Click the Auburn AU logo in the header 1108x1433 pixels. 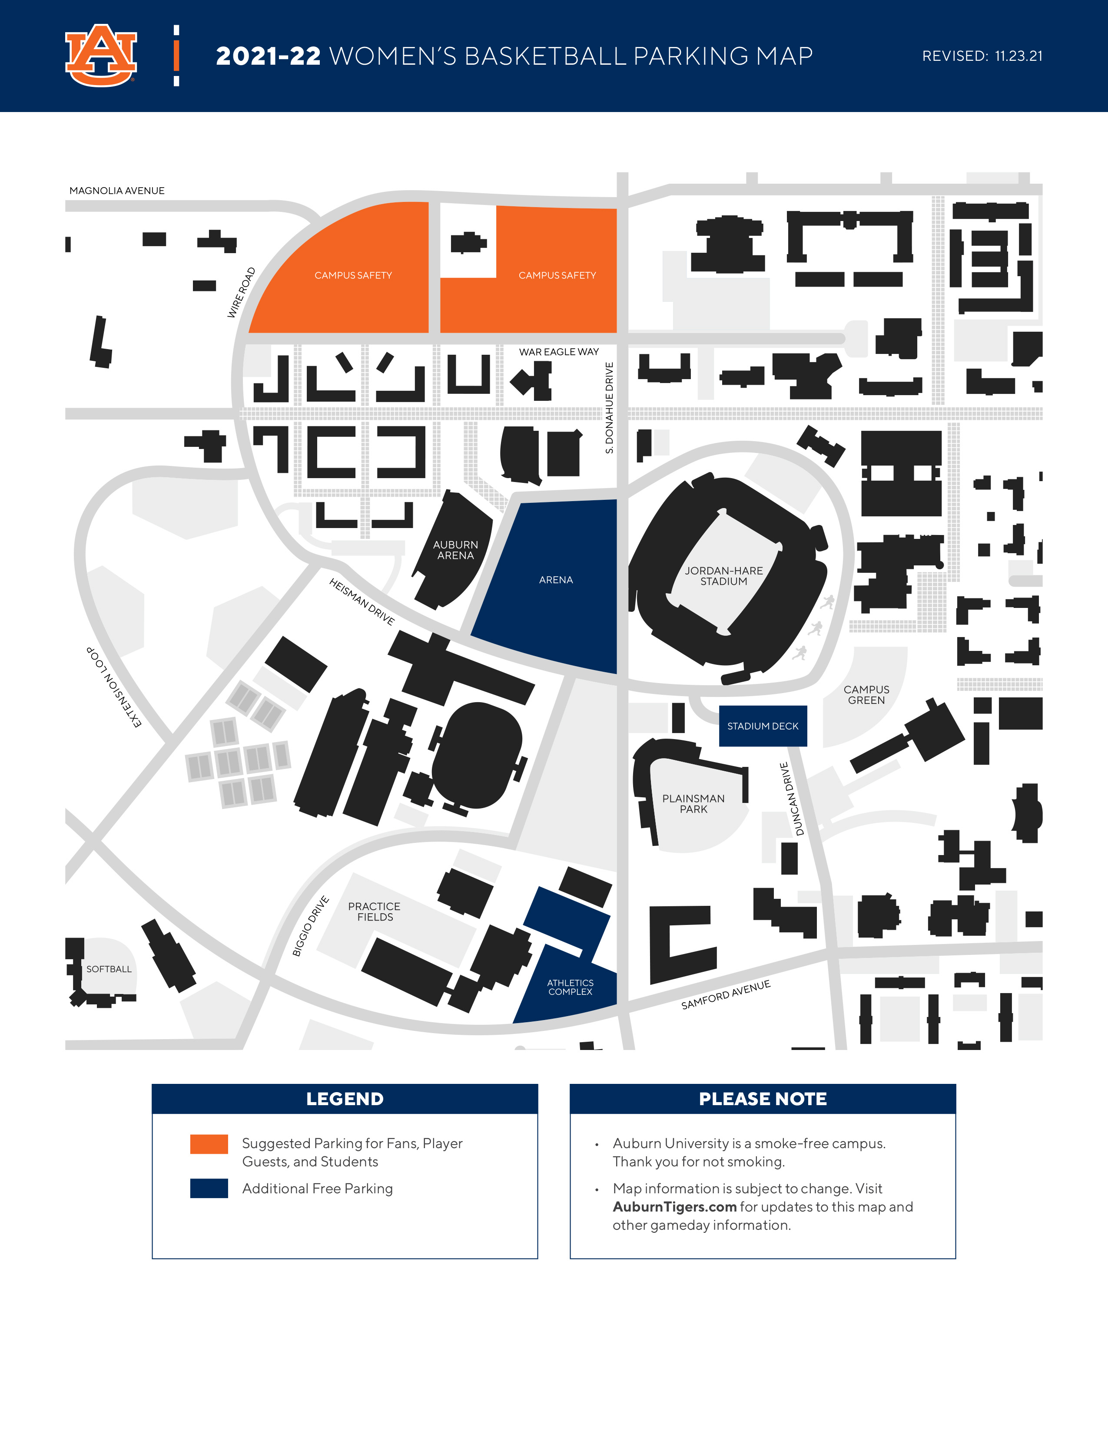click(x=101, y=56)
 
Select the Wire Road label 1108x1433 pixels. click(x=241, y=293)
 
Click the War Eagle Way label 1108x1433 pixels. click(x=559, y=352)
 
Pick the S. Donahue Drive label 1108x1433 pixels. click(x=609, y=407)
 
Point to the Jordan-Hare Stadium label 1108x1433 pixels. click(x=723, y=576)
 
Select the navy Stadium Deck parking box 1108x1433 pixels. click(x=763, y=726)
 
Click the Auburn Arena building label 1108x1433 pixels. click(x=455, y=550)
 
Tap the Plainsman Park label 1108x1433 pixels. click(x=693, y=804)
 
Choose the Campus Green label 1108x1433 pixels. click(x=866, y=695)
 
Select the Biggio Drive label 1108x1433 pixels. click(x=311, y=926)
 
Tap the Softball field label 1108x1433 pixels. click(x=109, y=969)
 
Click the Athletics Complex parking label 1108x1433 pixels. click(x=571, y=987)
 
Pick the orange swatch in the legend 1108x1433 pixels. click(x=209, y=1144)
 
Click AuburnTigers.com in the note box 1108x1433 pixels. click(x=674, y=1207)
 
